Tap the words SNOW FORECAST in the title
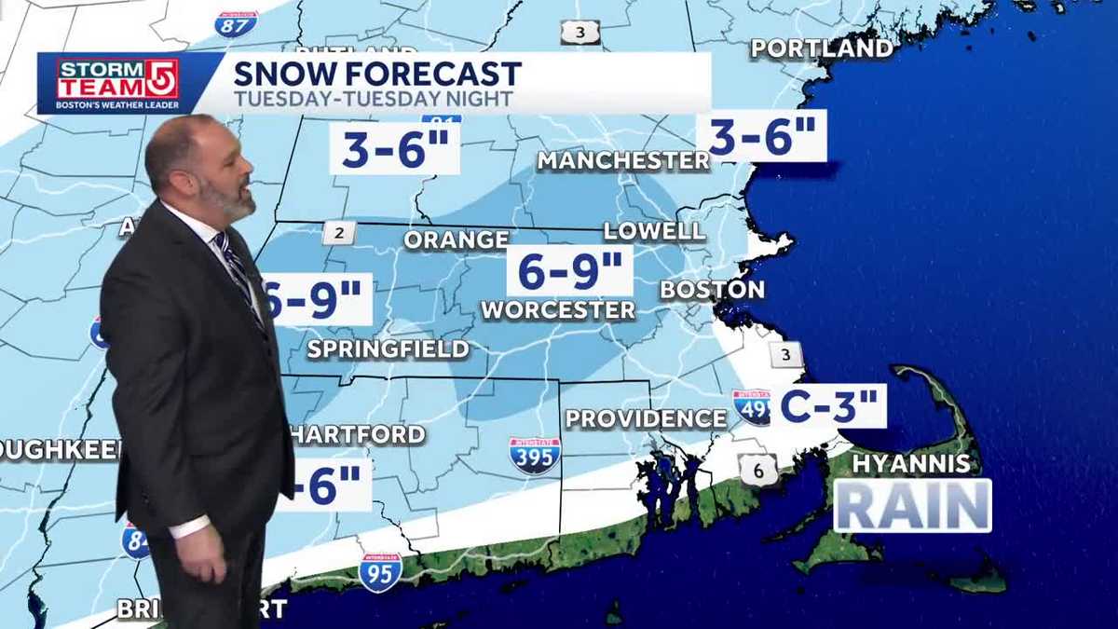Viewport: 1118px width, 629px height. (376, 74)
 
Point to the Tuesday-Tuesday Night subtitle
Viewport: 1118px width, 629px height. (373, 99)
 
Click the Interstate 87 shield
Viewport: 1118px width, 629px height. (236, 23)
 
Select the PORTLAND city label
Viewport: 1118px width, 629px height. (822, 48)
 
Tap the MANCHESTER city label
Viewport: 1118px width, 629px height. (623, 160)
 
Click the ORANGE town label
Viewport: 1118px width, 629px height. (457, 239)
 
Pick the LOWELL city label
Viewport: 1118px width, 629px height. (654, 231)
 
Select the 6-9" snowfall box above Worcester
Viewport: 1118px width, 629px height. (570, 271)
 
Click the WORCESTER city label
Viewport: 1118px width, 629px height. (558, 309)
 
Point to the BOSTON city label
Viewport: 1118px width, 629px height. (713, 290)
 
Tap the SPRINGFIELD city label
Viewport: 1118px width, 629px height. (388, 349)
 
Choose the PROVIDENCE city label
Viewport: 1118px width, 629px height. (646, 418)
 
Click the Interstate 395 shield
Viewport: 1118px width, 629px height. (535, 456)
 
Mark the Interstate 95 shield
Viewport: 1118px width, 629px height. (381, 570)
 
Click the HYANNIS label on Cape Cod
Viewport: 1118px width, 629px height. (911, 463)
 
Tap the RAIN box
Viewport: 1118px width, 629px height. (912, 506)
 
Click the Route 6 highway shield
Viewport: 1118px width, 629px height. (758, 471)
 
